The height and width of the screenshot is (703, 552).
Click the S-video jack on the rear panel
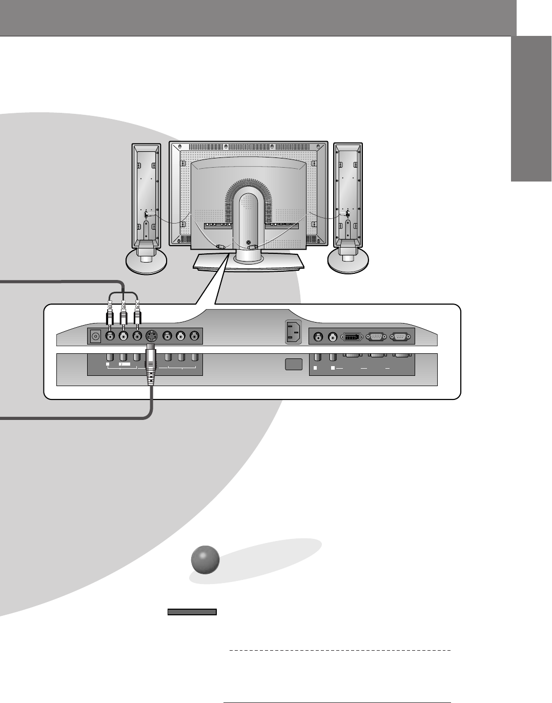point(151,336)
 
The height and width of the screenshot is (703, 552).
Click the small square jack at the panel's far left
point(95,336)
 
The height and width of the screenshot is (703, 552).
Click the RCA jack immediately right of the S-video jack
point(167,336)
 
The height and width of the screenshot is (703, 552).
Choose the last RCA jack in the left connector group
point(194,336)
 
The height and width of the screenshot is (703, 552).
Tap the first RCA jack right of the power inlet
point(319,337)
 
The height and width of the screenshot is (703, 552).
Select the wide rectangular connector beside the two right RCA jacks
point(351,337)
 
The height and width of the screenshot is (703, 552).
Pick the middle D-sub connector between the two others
point(376,337)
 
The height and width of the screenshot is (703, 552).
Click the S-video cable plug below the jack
point(151,367)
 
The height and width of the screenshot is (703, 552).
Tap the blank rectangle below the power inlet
point(293,365)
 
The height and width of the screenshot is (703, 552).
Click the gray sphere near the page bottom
point(205,559)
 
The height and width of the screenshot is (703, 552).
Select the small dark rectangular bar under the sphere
point(192,611)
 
